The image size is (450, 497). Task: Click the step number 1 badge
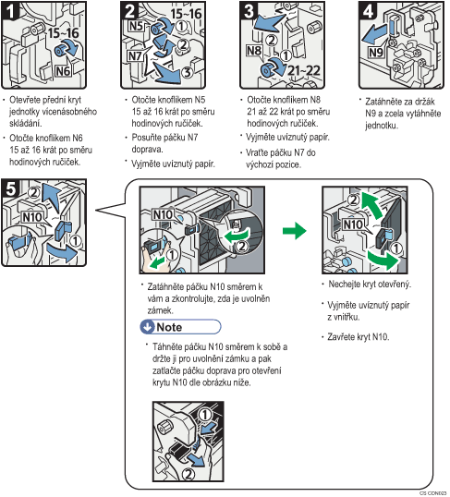pyautogui.click(x=9, y=10)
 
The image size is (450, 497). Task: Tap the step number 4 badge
pyautogui.click(x=367, y=10)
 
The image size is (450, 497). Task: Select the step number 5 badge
pyautogui.click(x=10, y=188)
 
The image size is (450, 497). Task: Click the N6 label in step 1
pyautogui.click(x=63, y=71)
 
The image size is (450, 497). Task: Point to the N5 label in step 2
pyautogui.click(x=137, y=26)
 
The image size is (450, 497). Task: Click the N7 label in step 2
pyautogui.click(x=135, y=56)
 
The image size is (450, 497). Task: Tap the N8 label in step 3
pyautogui.click(x=254, y=51)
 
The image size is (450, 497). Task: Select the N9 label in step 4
pyautogui.click(x=376, y=53)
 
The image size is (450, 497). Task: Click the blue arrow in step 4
pyautogui.click(x=374, y=35)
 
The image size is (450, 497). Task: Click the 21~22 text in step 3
pyautogui.click(x=303, y=71)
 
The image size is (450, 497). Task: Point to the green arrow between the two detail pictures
pyautogui.click(x=295, y=230)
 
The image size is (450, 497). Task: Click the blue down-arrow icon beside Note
pyautogui.click(x=148, y=327)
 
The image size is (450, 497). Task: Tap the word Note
pyautogui.click(x=169, y=327)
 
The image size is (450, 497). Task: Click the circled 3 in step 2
pyautogui.click(x=188, y=72)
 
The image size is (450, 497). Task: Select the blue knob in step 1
pyautogui.click(x=60, y=51)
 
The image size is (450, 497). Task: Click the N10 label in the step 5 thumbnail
pyautogui.click(x=32, y=217)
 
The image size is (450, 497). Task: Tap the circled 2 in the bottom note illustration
pyautogui.click(x=189, y=474)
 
